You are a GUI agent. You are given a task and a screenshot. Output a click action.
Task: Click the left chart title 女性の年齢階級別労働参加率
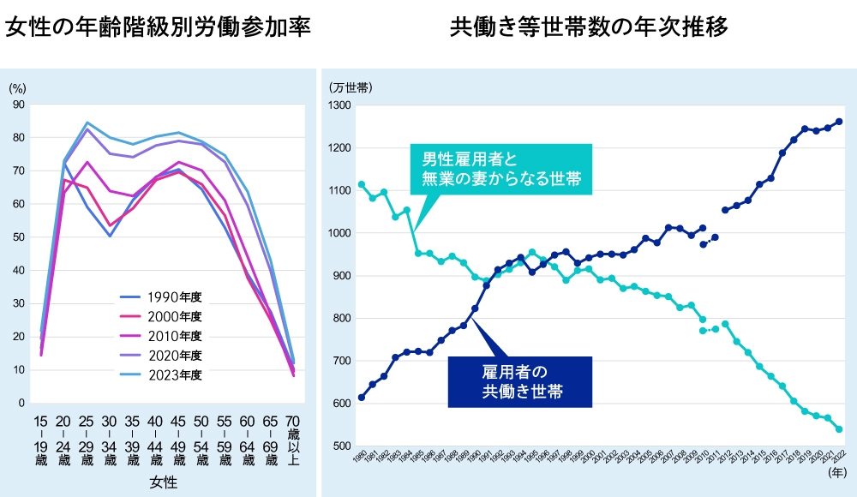(x=158, y=27)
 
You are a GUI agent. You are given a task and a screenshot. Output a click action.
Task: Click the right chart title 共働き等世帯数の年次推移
(x=589, y=27)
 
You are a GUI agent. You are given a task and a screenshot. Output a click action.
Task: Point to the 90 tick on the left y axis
(x=19, y=105)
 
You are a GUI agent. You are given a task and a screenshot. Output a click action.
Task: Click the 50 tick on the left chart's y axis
(x=19, y=237)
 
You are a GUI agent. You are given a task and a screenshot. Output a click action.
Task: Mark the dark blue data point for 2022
(x=839, y=122)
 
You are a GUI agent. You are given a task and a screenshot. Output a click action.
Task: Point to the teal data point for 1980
(x=362, y=184)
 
